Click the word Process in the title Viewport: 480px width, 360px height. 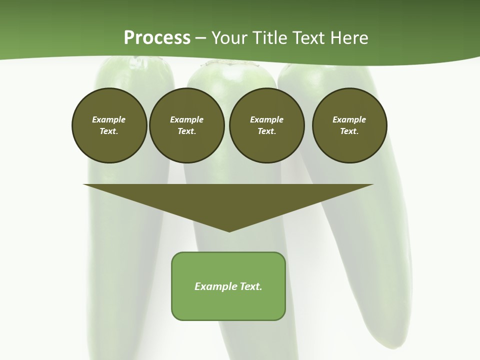click(157, 38)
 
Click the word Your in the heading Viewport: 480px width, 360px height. click(229, 38)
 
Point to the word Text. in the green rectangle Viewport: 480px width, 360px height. click(251, 286)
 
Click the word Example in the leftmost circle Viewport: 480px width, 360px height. click(109, 119)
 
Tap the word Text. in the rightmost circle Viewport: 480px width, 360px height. click(349, 131)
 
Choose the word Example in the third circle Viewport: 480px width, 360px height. click(266, 119)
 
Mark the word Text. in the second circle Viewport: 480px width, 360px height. click(186, 131)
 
